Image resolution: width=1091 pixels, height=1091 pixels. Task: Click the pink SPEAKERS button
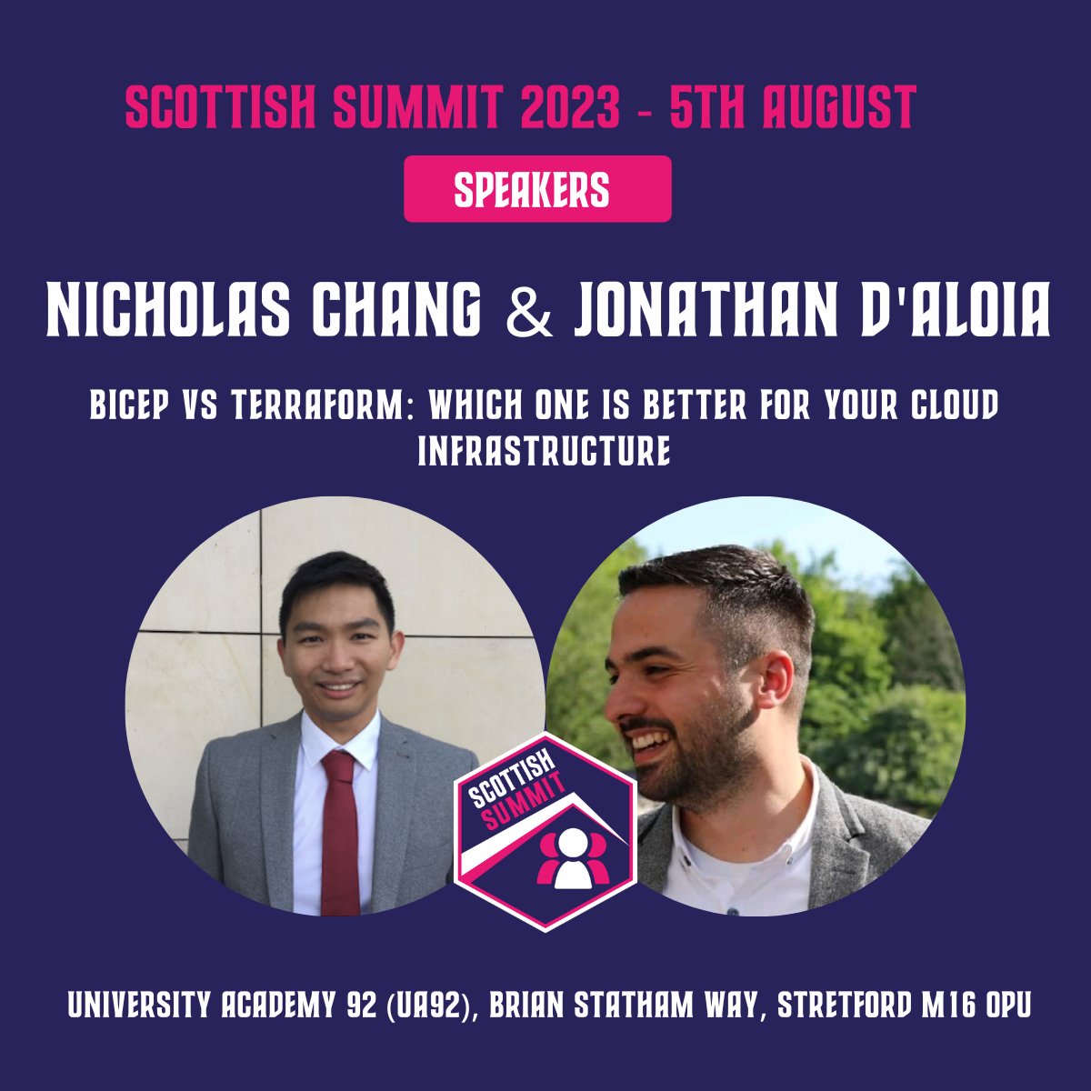pyautogui.click(x=537, y=189)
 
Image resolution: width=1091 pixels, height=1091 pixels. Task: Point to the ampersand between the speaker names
pyautogui.click(x=527, y=312)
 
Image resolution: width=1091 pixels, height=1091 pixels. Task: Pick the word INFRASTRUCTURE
pyautogui.click(x=545, y=452)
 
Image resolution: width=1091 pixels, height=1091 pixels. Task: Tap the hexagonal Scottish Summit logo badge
pyautogui.click(x=545, y=832)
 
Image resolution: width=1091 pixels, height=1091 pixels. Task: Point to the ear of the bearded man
pyautogui.click(x=778, y=677)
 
